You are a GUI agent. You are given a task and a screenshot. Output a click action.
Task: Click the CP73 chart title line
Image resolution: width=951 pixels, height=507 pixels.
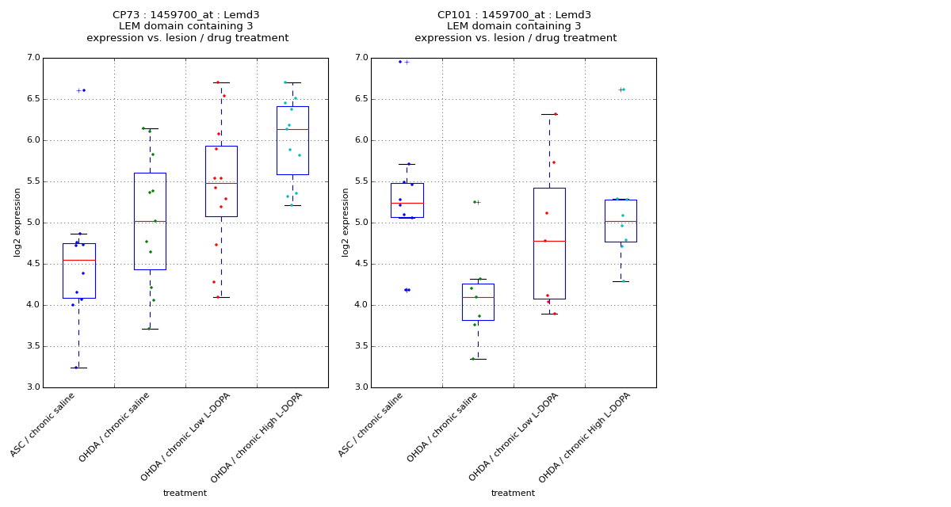(186, 15)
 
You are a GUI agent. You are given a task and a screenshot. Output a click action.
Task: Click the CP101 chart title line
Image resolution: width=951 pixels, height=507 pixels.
(514, 15)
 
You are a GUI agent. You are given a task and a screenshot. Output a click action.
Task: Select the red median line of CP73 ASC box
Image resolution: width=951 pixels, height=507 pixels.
(79, 260)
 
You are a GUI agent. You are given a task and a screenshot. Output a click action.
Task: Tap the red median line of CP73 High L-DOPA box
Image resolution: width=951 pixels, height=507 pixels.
(292, 129)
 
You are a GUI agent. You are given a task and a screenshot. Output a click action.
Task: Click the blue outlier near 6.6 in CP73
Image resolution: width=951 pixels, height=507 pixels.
(83, 90)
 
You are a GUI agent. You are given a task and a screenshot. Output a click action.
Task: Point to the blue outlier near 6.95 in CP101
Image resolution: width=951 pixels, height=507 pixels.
(400, 62)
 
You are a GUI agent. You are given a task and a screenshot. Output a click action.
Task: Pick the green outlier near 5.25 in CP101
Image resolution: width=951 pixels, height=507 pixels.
(475, 202)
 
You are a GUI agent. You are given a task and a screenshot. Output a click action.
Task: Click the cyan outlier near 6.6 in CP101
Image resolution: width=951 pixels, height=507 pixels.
(624, 90)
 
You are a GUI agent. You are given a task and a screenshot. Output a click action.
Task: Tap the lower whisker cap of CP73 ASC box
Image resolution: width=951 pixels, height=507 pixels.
(78, 368)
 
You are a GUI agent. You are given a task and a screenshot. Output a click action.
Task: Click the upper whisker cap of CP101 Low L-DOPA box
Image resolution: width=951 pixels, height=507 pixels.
(549, 114)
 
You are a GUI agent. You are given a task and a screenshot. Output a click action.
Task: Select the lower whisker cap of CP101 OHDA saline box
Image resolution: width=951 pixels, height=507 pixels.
(478, 359)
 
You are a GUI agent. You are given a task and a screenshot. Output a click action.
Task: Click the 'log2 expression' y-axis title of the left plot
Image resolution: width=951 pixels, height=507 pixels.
(17, 222)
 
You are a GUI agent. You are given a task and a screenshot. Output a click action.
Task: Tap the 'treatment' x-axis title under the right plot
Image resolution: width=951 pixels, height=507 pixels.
(513, 494)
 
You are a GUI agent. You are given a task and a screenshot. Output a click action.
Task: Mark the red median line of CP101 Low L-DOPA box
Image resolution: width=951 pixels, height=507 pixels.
(549, 241)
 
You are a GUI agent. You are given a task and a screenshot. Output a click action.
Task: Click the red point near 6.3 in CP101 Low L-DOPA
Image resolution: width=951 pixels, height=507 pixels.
(556, 114)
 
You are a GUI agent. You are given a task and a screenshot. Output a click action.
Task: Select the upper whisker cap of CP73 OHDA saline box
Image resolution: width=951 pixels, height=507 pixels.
(150, 128)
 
